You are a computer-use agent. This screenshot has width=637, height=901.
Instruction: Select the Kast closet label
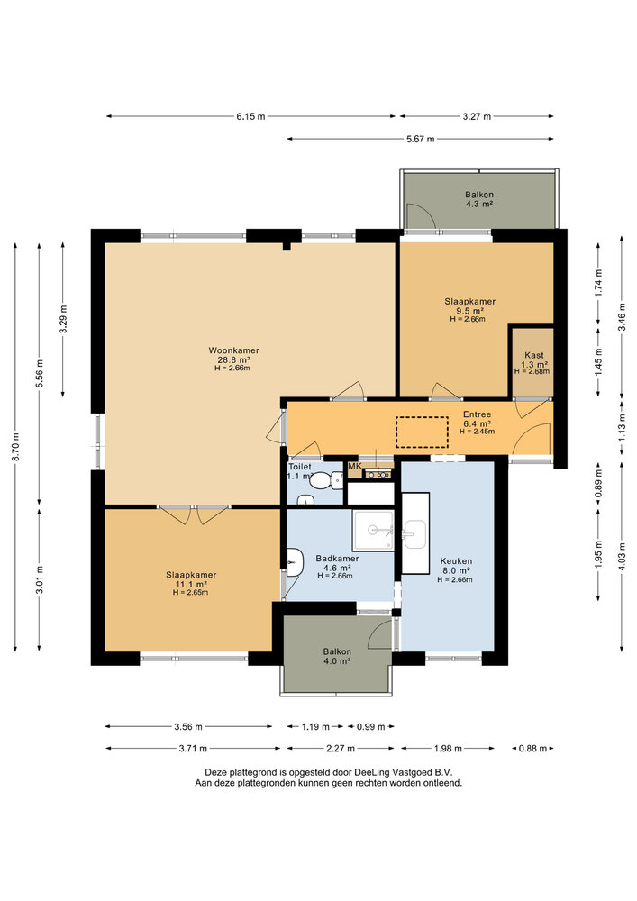[x=532, y=355]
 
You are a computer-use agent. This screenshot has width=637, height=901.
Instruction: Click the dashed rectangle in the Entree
[x=422, y=432]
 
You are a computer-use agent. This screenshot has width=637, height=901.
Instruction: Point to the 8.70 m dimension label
[x=15, y=446]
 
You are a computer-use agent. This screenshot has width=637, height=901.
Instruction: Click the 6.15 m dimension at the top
[x=251, y=116]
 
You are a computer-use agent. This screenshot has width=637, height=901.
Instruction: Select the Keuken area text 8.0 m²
[x=455, y=570]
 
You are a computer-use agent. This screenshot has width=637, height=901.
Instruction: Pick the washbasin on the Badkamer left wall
[x=294, y=561]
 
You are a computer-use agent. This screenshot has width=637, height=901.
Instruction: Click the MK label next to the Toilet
[x=354, y=465]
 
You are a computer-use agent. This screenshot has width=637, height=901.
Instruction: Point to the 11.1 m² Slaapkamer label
[x=190, y=583]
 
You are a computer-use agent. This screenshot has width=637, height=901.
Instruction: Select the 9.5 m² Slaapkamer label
[x=469, y=311]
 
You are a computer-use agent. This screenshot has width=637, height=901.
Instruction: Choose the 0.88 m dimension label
[x=532, y=748]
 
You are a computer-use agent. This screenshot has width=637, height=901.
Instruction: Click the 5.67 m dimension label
[x=420, y=139]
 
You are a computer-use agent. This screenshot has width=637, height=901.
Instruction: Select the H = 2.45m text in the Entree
[x=478, y=432]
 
